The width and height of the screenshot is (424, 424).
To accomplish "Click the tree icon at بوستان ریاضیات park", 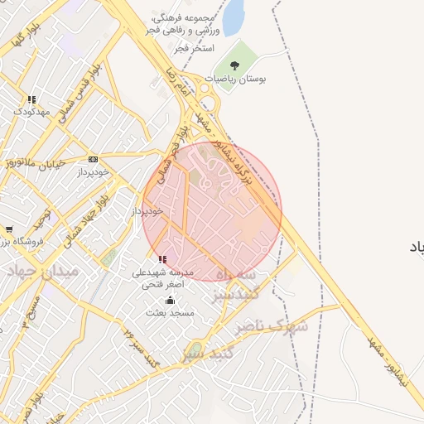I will pyautogui.click(x=234, y=65).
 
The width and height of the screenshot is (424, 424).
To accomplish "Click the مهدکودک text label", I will pyautogui.click(x=32, y=111).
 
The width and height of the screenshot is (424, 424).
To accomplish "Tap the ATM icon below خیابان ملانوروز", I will pyautogui.click(x=92, y=159).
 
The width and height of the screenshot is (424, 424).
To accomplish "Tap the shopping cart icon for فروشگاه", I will pyautogui.click(x=8, y=229).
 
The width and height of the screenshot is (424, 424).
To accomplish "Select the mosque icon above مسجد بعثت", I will pyautogui.click(x=171, y=300).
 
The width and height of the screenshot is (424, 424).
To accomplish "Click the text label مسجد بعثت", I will pyautogui.click(x=169, y=313).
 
